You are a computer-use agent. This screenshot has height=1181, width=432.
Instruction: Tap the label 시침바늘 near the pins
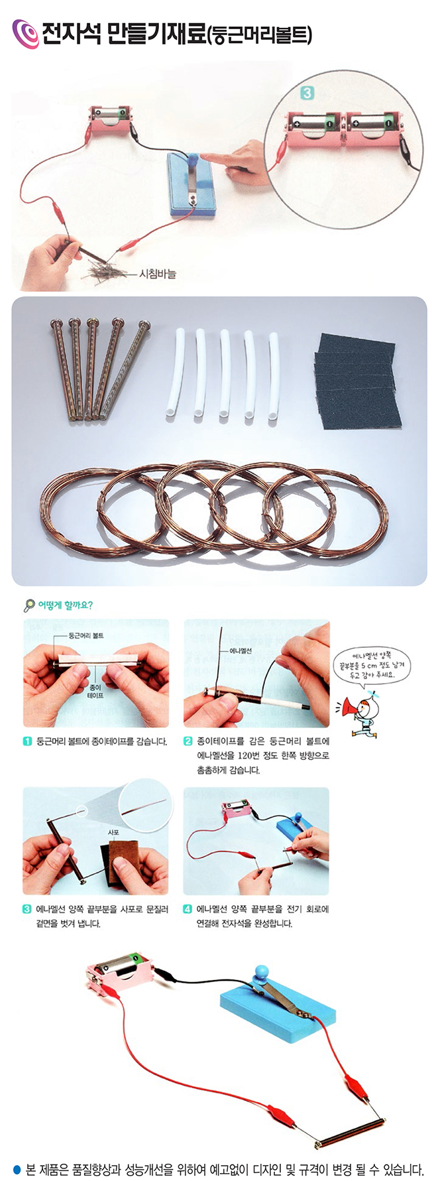tap(157, 273)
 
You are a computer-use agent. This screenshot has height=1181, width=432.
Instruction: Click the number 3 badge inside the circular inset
tap(307, 93)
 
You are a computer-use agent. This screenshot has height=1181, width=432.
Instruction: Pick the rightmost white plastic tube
tap(274, 375)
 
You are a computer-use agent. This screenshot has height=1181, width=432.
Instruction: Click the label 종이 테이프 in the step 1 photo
tap(97, 692)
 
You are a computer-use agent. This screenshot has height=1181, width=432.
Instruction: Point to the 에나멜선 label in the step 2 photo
tap(241, 651)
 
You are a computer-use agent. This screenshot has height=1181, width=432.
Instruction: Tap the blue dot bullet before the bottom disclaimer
tap(17, 1170)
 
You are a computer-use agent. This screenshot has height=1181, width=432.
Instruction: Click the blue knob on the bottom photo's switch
tap(259, 973)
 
